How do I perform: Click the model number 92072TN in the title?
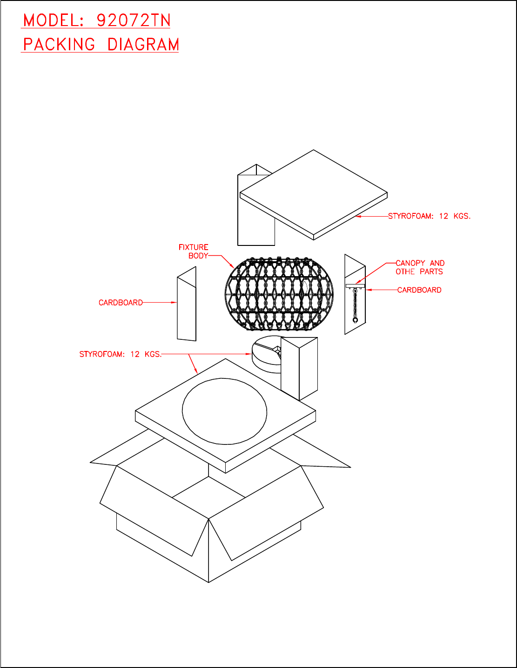click(134, 20)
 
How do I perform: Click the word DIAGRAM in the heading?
click(143, 45)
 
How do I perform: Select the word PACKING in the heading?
click(59, 45)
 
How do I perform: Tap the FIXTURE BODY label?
click(194, 251)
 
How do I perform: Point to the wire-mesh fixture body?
click(279, 294)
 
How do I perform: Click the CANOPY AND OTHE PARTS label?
click(420, 267)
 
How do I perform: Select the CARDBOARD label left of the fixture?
click(121, 303)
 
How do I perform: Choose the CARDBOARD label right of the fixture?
click(419, 290)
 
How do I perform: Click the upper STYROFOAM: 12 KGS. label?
click(429, 216)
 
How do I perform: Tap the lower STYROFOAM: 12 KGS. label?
click(121, 354)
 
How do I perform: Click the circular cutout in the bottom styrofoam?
click(224, 411)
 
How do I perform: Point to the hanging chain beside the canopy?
click(355, 304)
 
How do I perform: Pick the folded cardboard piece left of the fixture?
click(187, 304)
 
